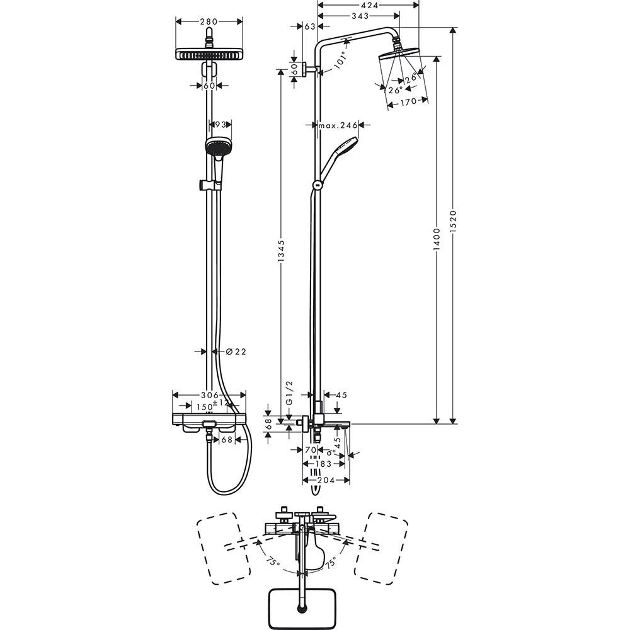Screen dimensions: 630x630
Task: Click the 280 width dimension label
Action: click(209, 21)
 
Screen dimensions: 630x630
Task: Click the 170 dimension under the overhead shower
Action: click(408, 102)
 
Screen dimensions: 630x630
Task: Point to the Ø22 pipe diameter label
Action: click(236, 352)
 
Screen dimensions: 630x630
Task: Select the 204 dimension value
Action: click(326, 480)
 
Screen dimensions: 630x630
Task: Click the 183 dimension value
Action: click(323, 464)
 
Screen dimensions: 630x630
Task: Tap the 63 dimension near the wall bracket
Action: click(309, 26)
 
